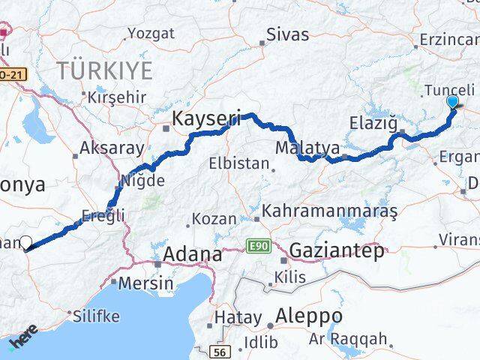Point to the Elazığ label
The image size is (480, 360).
373,121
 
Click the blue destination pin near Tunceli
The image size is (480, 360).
452,103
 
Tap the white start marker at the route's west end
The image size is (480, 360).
25,242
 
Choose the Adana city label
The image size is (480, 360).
194,254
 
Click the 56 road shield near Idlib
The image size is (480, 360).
220,352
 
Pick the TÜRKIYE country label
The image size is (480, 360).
106,71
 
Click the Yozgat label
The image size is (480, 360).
151,33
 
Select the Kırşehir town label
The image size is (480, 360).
115,99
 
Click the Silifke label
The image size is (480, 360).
95,316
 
